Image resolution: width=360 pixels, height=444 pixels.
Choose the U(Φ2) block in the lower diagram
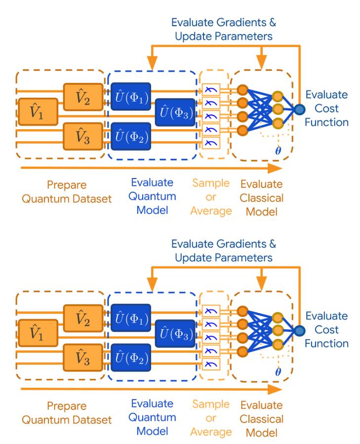pos(130,359)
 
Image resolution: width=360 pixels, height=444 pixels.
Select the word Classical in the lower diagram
pos(262,419)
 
